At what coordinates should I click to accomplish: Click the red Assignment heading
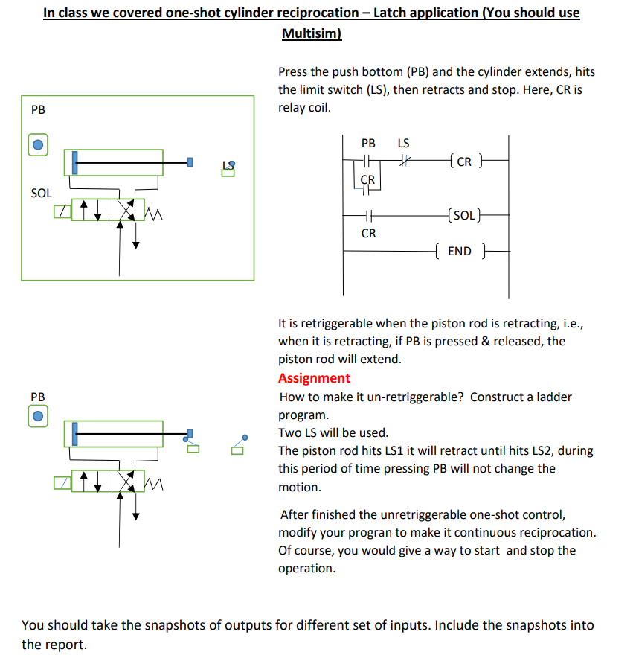tap(314, 378)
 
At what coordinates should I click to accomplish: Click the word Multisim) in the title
tap(312, 33)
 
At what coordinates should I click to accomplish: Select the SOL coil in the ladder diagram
tap(463, 216)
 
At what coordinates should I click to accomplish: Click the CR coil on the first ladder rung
tap(463, 162)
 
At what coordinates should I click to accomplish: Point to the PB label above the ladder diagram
tap(368, 143)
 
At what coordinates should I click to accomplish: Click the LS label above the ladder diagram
tap(403, 143)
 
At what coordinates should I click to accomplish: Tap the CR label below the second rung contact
tap(368, 233)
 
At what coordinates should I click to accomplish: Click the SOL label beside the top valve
tap(42, 193)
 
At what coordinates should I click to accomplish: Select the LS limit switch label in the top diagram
tap(230, 168)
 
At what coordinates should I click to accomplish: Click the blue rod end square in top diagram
tap(190, 162)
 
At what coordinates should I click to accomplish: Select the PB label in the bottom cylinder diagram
tap(38, 397)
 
